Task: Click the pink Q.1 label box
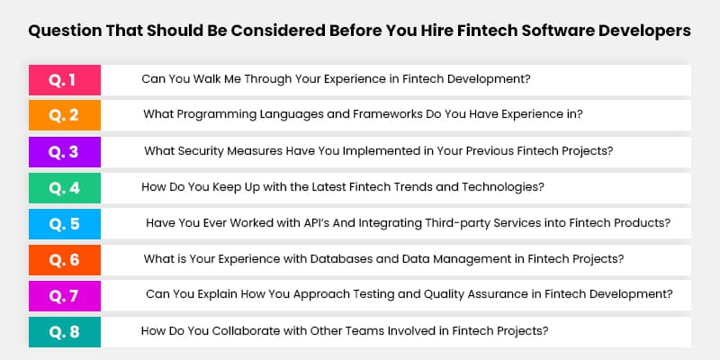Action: (64, 79)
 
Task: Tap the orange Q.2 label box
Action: (64, 114)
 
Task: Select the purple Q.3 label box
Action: (64, 151)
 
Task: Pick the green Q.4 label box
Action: (64, 187)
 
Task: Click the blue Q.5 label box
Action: (64, 223)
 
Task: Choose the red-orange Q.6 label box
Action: (64, 259)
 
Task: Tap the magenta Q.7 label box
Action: (64, 295)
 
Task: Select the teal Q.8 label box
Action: (64, 331)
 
